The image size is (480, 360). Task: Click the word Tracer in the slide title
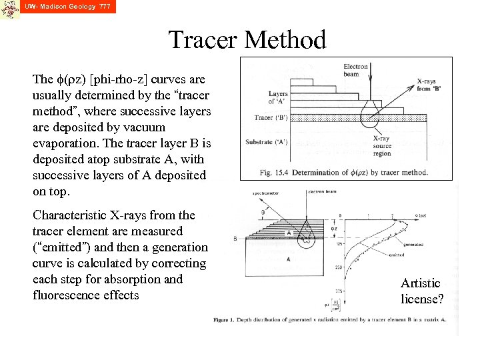coord(203,40)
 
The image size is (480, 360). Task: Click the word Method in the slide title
coord(287,40)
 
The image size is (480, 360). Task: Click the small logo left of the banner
coord(9,9)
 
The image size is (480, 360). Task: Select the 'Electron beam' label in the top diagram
coord(356,70)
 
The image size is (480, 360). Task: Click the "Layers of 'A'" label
coord(278,97)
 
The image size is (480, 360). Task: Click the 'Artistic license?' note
coord(421,291)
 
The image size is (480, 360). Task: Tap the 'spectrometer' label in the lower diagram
coord(265,193)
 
